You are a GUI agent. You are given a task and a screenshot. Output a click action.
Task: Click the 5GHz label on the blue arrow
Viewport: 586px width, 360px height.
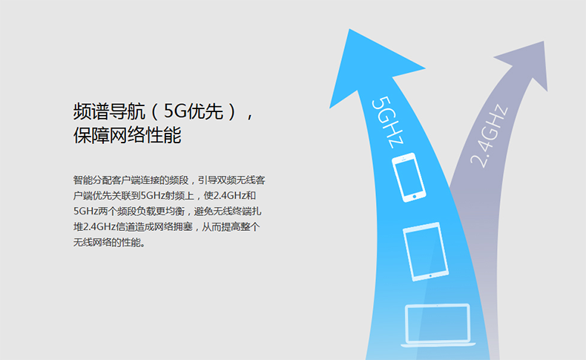[x=387, y=122]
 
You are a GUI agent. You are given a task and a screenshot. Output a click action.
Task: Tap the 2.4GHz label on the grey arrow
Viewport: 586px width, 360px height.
[x=489, y=136]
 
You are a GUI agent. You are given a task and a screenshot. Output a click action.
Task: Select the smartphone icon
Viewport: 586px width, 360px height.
[x=409, y=177]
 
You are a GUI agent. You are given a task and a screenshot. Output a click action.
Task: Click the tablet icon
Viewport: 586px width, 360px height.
[x=426, y=252]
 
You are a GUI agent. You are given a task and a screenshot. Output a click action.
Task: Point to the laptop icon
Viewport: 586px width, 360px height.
[x=438, y=325]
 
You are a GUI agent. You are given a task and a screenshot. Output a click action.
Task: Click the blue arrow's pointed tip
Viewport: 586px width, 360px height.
[x=349, y=29]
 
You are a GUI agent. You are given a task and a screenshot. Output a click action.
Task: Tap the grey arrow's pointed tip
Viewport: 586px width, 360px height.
[x=544, y=42]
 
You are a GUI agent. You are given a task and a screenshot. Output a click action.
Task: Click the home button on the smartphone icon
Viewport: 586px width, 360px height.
[x=414, y=197]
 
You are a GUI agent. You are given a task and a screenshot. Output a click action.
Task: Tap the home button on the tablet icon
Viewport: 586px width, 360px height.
[x=430, y=276]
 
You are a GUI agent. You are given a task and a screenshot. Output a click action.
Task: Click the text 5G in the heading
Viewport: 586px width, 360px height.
[x=175, y=111]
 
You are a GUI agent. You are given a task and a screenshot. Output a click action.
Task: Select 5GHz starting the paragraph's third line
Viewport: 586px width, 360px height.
[x=85, y=212]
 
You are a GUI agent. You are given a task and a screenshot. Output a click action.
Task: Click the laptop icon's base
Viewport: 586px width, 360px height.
[x=438, y=344]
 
